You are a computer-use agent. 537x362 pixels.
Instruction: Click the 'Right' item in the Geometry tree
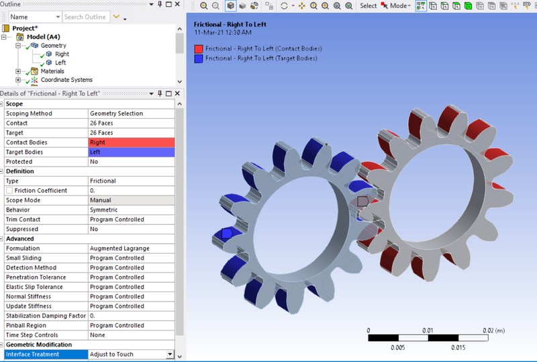point(61,54)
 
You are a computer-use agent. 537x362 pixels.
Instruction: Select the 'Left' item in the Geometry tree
point(60,62)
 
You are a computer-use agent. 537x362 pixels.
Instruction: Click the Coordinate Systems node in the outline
point(66,80)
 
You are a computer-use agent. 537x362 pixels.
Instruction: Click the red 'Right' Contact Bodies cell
point(131,142)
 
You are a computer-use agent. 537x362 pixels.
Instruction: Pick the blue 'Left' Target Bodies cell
point(131,152)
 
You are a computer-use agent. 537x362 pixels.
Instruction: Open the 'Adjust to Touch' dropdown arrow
point(169,355)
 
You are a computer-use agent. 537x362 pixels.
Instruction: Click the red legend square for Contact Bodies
point(199,49)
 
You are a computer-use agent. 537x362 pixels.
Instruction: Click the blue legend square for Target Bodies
point(199,58)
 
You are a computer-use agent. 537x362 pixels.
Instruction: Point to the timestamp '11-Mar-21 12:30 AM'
point(224,32)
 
